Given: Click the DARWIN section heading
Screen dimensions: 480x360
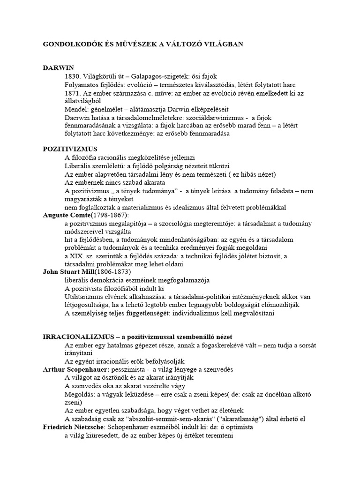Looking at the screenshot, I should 58,68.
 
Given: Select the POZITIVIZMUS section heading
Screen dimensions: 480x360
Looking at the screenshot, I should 70,149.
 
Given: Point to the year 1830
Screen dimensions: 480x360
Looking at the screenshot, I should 74,76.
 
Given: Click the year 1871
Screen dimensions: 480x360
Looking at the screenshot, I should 74,93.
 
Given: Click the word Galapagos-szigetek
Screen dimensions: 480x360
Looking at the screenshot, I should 161,76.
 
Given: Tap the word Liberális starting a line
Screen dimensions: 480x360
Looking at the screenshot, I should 79,166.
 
